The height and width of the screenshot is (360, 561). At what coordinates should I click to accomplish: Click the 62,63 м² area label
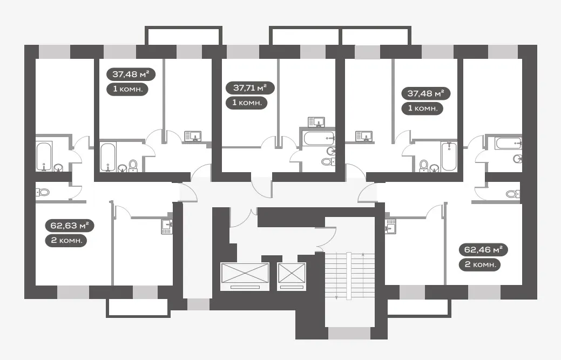click(70, 226)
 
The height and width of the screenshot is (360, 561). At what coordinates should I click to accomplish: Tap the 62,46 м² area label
click(483, 249)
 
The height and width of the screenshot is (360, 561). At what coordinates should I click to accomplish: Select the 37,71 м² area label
click(250, 87)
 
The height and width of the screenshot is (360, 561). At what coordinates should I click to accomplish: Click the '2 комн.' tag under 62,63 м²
click(66, 240)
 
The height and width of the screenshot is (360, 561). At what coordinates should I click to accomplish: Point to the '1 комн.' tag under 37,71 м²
click(247, 103)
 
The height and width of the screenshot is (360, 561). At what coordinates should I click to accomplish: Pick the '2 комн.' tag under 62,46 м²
click(479, 264)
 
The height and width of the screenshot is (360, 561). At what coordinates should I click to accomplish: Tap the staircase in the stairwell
click(349, 275)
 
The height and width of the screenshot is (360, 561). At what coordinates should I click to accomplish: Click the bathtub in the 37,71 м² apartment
click(319, 138)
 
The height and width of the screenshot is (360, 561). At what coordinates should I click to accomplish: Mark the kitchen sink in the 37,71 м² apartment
click(316, 122)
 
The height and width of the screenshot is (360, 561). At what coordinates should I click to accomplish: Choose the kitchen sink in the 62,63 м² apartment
click(167, 226)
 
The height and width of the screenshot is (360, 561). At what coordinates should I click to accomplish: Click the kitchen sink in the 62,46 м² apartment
click(391, 226)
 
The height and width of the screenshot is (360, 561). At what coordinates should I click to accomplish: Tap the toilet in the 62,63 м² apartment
click(43, 192)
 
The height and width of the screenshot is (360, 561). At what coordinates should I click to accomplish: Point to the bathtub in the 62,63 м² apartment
click(44, 156)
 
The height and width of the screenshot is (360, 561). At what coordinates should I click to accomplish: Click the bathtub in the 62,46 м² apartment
click(509, 143)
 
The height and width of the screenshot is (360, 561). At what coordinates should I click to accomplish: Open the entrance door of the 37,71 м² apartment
click(261, 186)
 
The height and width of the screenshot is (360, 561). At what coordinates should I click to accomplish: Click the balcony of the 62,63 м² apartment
click(138, 308)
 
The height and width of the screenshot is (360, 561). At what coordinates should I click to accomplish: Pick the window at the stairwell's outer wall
click(349, 333)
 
